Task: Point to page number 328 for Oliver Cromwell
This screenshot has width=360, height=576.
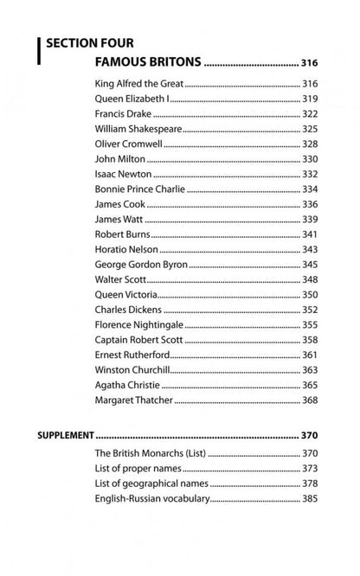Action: tap(311, 144)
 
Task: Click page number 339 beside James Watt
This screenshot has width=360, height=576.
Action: tap(311, 220)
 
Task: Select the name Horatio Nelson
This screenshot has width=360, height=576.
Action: tap(126, 249)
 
